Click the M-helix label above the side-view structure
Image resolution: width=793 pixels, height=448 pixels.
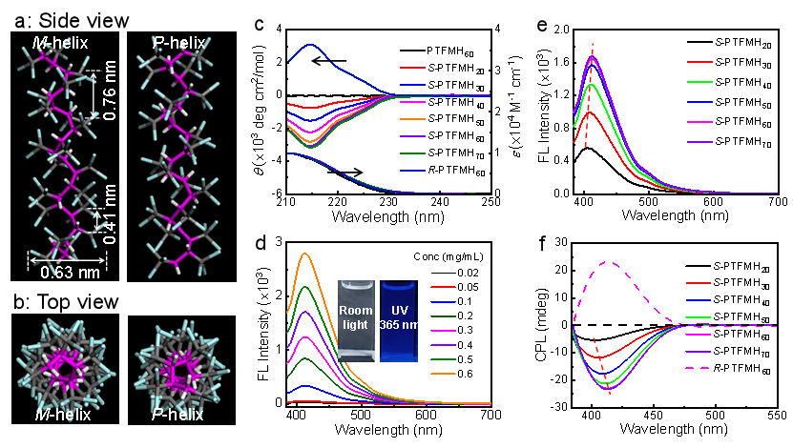(54, 43)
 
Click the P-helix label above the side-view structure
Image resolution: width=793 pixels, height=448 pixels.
(176, 43)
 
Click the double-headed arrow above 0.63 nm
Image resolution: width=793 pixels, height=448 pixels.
(67, 258)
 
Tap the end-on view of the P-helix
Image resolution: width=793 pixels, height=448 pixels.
(176, 367)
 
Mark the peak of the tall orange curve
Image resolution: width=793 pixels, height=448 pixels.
(305, 254)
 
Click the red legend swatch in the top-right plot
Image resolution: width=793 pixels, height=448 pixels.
(699, 61)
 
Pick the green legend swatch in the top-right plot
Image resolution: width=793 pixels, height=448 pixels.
(699, 82)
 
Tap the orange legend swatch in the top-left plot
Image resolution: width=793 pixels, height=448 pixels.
(412, 119)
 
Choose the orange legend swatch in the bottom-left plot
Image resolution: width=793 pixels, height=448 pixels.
(443, 375)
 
